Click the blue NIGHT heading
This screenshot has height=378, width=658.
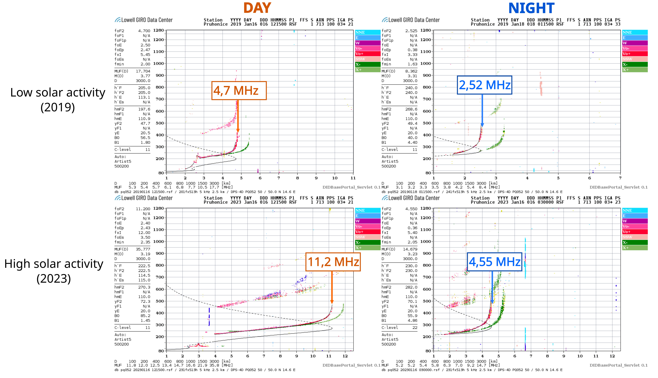(x=531, y=8)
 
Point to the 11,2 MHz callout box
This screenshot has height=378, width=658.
(x=333, y=262)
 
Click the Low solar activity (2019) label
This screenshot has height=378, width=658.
(x=58, y=100)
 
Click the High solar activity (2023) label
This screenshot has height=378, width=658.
(x=54, y=271)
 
